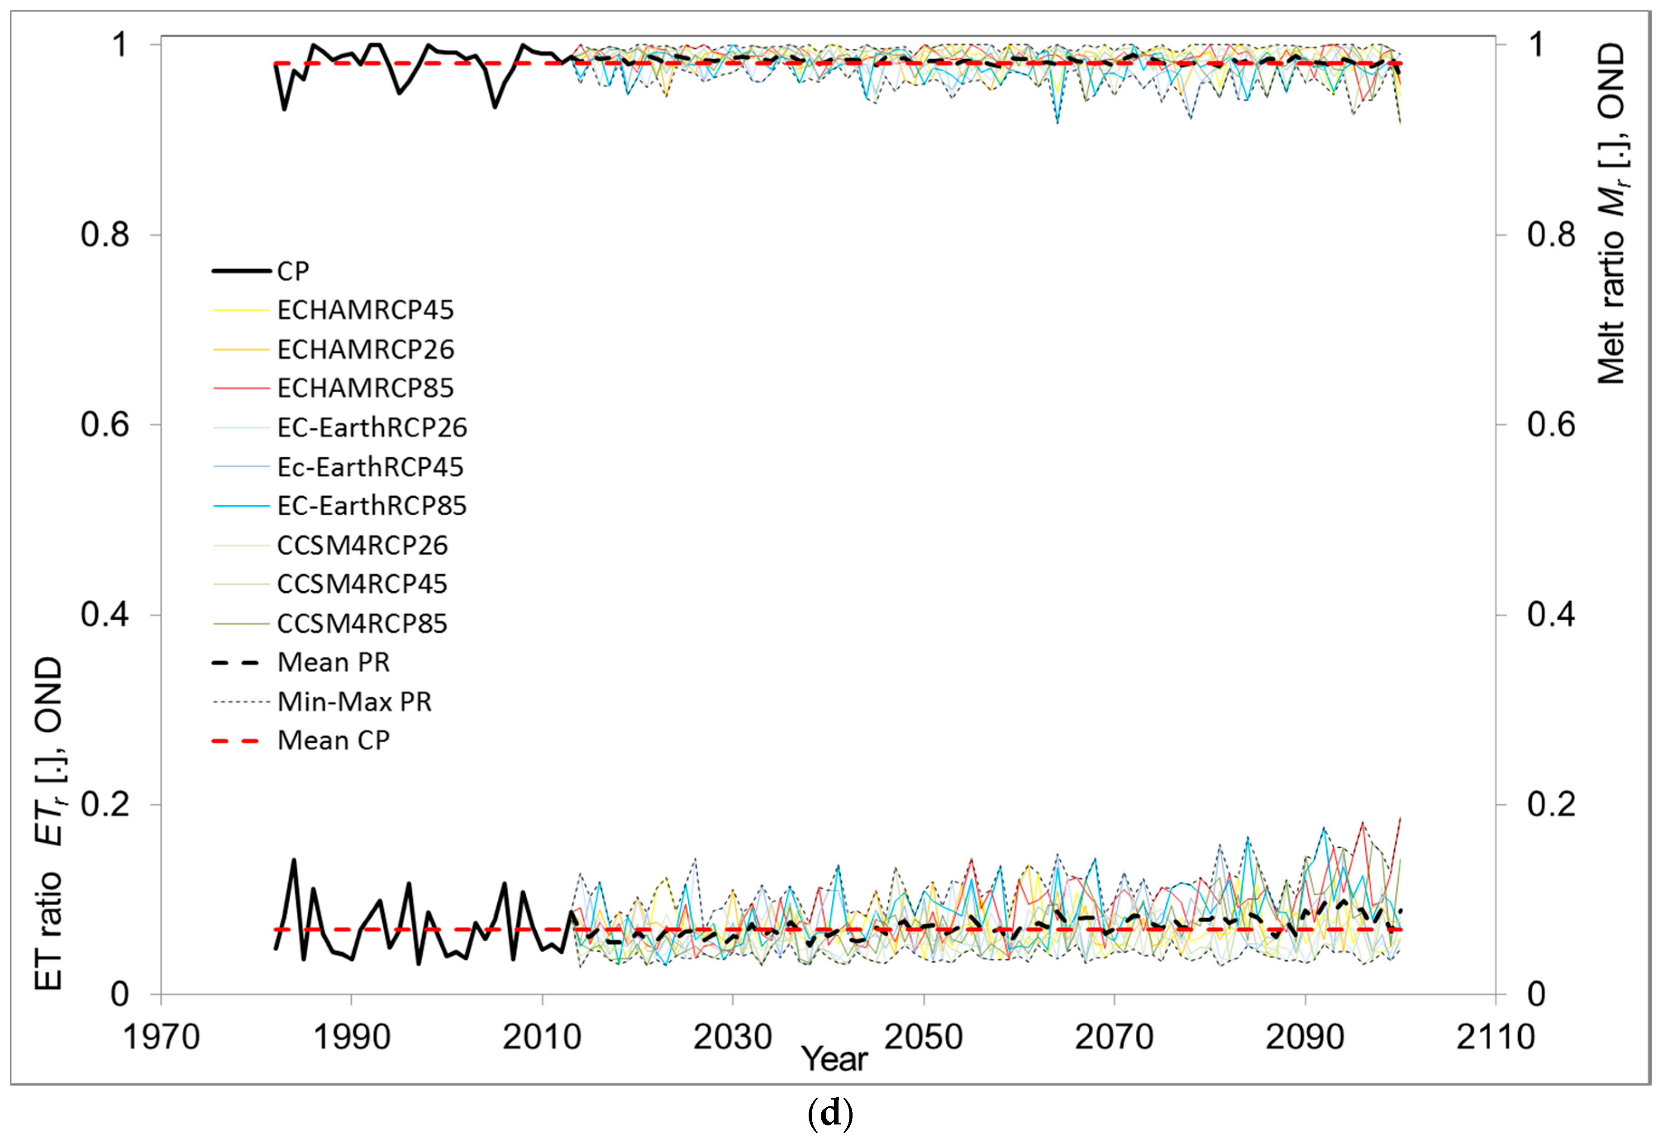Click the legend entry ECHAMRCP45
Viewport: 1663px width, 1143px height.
pos(366,310)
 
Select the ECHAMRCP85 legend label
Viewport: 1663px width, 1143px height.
pos(366,388)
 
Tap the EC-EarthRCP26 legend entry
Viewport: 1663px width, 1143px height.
pos(372,427)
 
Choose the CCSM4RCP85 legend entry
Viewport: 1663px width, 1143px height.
pos(362,624)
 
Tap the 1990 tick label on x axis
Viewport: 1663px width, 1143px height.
pos(352,1038)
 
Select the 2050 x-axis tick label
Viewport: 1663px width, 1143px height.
pos(924,1038)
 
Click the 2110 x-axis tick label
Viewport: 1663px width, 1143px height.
pos(1495,1038)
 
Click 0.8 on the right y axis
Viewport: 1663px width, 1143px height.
pos(1551,235)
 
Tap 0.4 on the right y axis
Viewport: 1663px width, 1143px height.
pos(1551,614)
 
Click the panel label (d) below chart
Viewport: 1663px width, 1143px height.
pos(830,1114)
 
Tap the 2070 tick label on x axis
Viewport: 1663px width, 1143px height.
pos(1114,1038)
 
